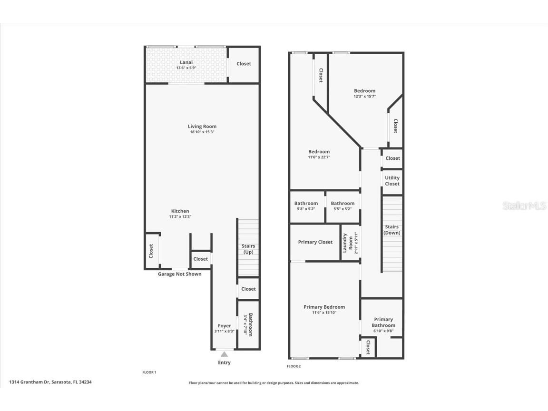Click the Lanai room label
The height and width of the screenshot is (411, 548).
click(x=186, y=62)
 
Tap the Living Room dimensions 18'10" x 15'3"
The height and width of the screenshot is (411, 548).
click(x=202, y=132)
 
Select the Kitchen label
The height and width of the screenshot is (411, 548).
click(x=180, y=211)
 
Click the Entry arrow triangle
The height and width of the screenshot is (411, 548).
click(x=224, y=353)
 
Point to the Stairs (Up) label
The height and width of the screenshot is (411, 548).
click(x=248, y=249)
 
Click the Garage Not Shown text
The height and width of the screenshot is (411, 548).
click(x=179, y=274)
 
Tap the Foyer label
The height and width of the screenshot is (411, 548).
click(x=224, y=326)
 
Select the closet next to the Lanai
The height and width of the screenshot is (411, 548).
click(x=244, y=64)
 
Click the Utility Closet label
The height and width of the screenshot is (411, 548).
click(x=392, y=181)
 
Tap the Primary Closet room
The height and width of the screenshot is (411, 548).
click(x=315, y=242)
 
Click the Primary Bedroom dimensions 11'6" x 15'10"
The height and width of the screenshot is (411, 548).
click(x=324, y=313)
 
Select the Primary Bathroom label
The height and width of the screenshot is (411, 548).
click(x=383, y=323)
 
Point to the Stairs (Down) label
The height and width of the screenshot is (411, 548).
click(x=391, y=230)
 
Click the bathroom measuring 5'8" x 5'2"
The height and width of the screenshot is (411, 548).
click(x=306, y=206)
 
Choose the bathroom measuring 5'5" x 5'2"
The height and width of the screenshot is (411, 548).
click(x=342, y=206)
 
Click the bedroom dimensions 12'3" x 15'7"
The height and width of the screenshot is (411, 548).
click(x=364, y=96)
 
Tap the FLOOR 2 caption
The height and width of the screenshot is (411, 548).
click(x=294, y=366)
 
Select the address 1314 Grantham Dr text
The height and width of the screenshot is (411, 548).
click(x=50, y=382)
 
